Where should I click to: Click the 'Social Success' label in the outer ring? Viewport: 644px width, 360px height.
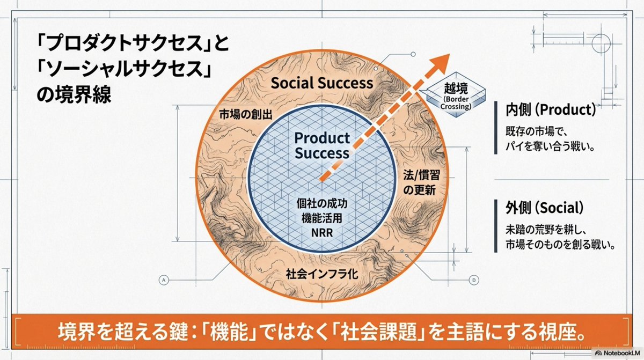[321, 83]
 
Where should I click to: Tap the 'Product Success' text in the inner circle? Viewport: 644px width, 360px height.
[321, 145]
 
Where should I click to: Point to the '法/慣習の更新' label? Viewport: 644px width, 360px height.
[419, 182]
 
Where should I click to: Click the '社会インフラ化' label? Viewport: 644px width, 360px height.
[322, 273]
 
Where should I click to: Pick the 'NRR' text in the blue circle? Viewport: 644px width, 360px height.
[322, 233]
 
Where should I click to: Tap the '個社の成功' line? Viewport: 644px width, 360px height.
[322, 204]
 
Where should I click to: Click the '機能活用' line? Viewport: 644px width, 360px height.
[322, 219]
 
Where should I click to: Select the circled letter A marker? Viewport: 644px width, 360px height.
[164, 279]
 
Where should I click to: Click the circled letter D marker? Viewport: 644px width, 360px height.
[474, 279]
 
